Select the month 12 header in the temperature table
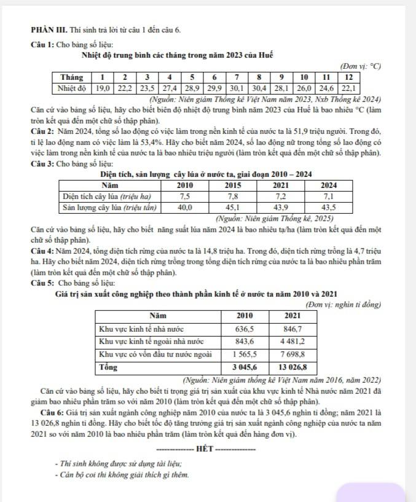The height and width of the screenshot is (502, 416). click(348, 77)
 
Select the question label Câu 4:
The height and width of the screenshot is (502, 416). click(42, 253)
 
